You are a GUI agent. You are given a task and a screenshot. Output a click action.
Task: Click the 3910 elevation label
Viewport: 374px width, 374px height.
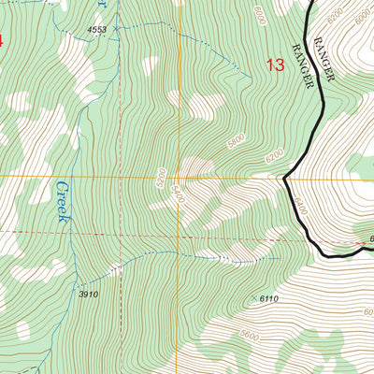(x=89, y=295)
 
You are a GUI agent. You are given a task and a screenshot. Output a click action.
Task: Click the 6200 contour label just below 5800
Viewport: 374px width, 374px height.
(x=273, y=159)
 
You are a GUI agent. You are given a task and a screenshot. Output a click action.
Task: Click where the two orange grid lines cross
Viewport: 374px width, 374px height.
(x=180, y=175)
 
